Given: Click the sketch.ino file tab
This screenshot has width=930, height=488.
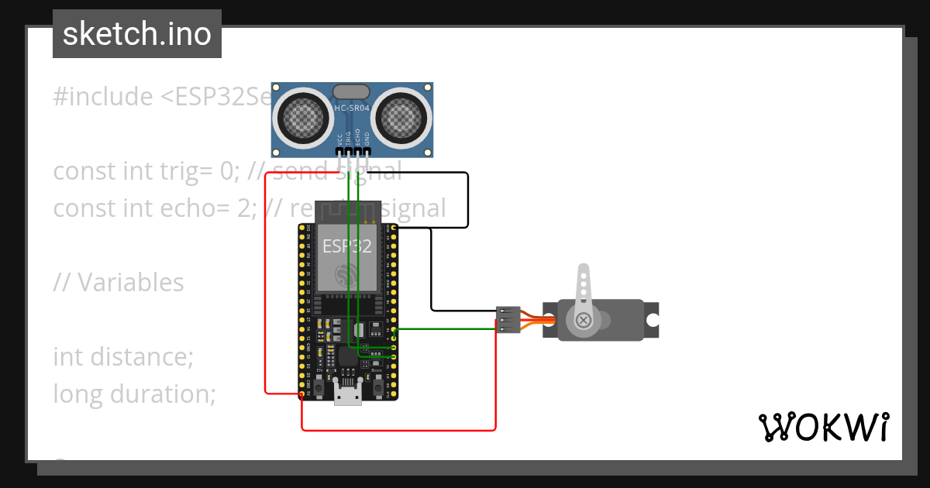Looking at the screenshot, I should point(137,34).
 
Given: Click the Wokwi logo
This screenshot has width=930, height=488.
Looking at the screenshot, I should point(823,427).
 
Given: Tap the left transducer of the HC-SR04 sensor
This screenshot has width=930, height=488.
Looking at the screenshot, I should point(299,117).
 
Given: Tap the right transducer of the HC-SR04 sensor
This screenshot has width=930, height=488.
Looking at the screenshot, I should point(402,117).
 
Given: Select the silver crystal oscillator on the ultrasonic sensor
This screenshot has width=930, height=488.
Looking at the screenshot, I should point(351,92).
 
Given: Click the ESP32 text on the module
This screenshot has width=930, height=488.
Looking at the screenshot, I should point(346,247).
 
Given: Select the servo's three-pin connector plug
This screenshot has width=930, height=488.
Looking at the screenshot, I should point(507,320).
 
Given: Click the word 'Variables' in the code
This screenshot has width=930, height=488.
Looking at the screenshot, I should point(130,283).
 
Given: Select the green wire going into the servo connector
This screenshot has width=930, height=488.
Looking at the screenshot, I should point(449,329).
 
